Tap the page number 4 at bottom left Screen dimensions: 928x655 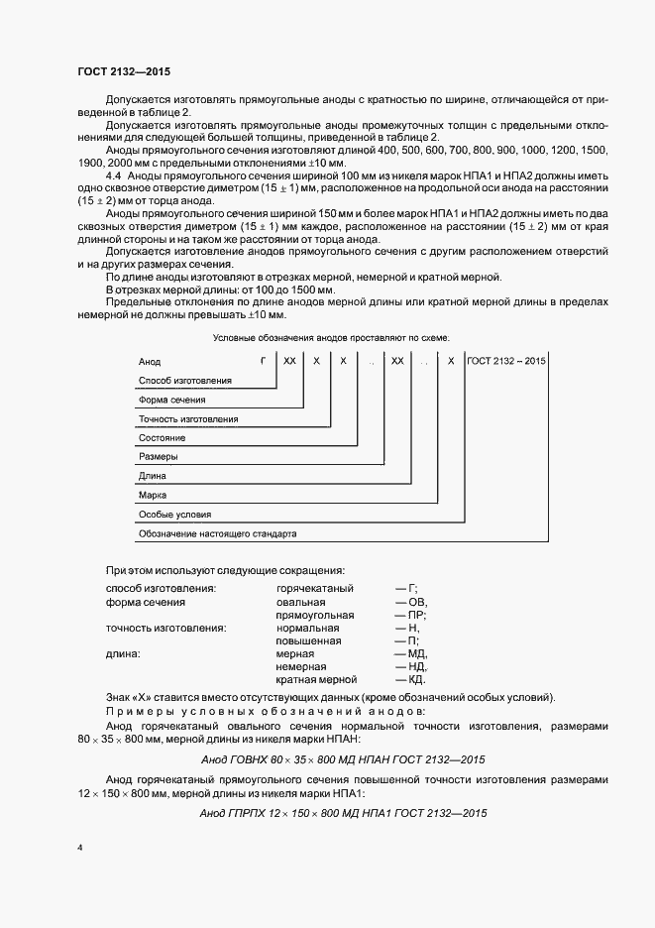coord(80,848)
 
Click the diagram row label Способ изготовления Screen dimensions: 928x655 coord(185,380)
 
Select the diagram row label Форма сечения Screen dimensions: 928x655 coord(172,399)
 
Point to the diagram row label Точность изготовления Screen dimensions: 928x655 coord(188,418)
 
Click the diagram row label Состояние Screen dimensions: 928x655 coord(163,437)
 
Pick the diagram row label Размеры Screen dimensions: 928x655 coord(159,457)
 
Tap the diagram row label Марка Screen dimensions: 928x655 coord(154,494)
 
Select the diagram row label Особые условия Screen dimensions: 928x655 coord(174,515)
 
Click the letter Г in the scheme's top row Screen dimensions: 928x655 coord(263,361)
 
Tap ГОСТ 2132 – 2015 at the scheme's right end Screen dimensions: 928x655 coord(505,361)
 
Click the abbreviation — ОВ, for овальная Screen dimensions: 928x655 coord(411,602)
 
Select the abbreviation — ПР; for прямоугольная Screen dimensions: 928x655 coord(410,615)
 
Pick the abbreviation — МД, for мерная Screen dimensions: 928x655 coord(410,653)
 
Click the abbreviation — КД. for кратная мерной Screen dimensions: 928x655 coord(410,679)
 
